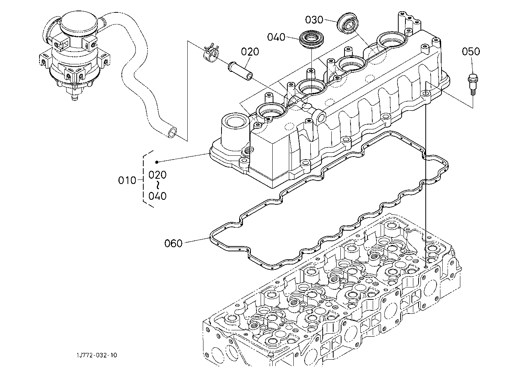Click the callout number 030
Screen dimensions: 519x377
point(314,20)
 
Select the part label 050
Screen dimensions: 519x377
point(471,52)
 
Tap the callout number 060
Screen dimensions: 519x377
point(173,243)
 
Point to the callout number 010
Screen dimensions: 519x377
point(127,180)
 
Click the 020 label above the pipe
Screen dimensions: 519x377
point(250,52)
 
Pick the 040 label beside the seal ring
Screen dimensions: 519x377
point(276,37)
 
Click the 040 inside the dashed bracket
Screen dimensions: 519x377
point(158,196)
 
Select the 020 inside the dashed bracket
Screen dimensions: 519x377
point(158,175)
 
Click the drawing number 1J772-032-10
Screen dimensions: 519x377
point(97,355)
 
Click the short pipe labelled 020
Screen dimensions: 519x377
point(240,70)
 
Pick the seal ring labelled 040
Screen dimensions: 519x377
point(312,40)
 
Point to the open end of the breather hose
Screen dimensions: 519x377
point(172,132)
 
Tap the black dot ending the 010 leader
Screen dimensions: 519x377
point(157,162)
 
